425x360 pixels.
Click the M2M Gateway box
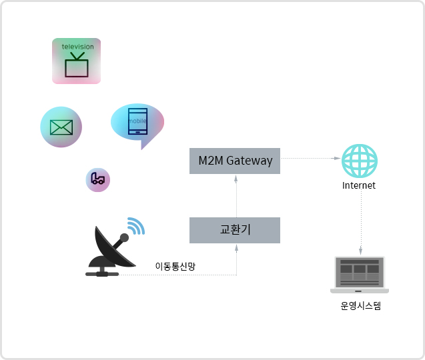tap(235, 161)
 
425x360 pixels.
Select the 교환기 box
tap(235, 230)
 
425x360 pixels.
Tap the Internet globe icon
tap(360, 161)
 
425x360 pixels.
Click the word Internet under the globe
tap(359, 185)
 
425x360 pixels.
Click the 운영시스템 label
tap(360, 307)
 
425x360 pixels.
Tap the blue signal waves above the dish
tap(136, 226)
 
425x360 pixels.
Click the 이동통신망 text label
tap(175, 266)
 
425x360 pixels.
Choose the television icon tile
tap(76, 61)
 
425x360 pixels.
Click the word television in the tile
tap(77, 47)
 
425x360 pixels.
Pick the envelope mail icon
tap(61, 127)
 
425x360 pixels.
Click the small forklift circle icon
tap(98, 179)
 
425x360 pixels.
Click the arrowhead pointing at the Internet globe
tap(337, 158)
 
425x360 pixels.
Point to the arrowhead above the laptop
tap(360, 253)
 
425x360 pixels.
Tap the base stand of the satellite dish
tap(102, 272)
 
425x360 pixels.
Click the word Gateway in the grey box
tap(250, 161)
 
